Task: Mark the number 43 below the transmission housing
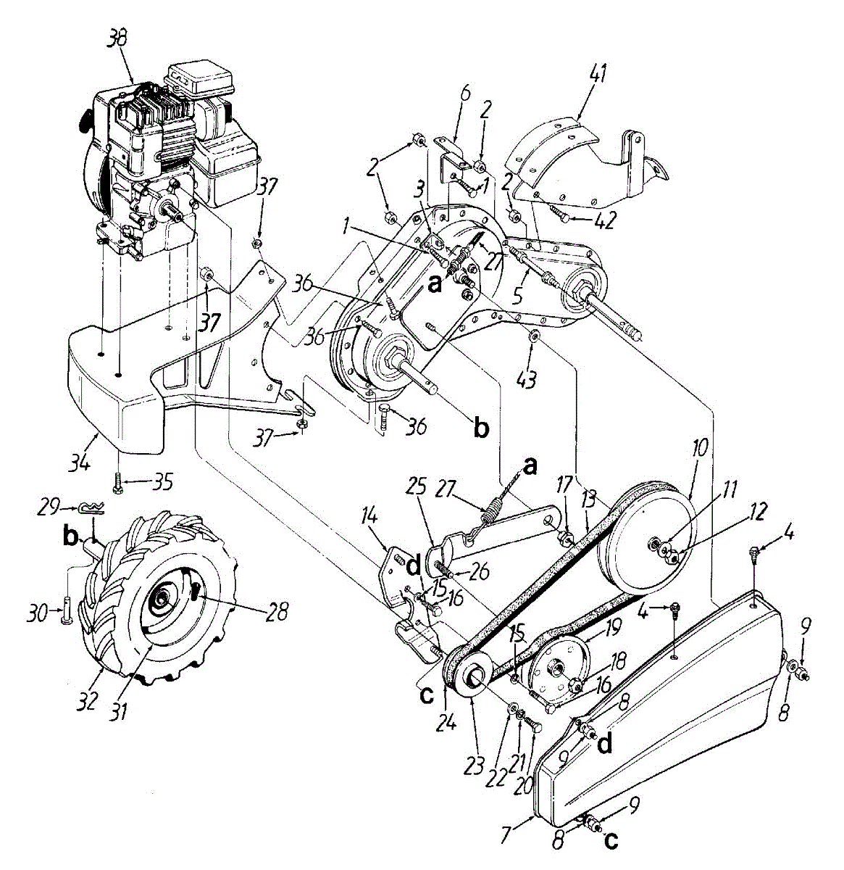click(528, 378)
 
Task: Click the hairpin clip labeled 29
click(95, 507)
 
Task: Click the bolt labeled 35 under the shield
click(118, 481)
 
